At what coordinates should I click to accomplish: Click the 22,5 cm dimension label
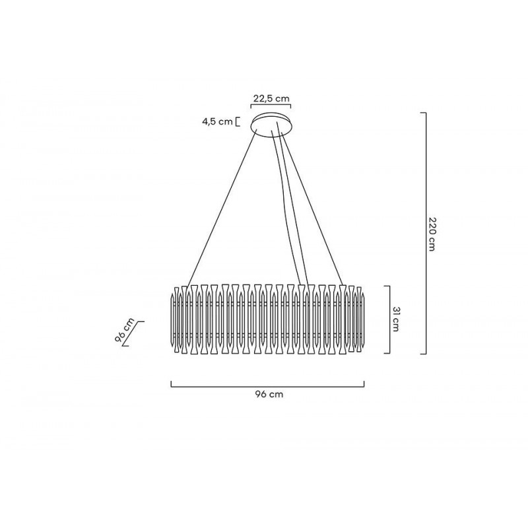pos(271,98)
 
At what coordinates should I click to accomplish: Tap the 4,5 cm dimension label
pos(217,121)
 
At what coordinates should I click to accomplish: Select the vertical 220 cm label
pos(432,234)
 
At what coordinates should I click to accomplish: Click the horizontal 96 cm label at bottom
pos(269,394)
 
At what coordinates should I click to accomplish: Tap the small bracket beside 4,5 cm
pos(237,121)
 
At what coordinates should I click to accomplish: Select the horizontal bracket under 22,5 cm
pos(271,107)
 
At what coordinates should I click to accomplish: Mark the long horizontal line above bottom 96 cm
pos(267,385)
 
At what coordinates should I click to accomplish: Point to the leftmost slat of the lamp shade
pos(176,319)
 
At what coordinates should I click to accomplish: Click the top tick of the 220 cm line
pos(424,113)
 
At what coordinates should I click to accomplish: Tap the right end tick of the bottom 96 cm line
pos(364,383)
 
